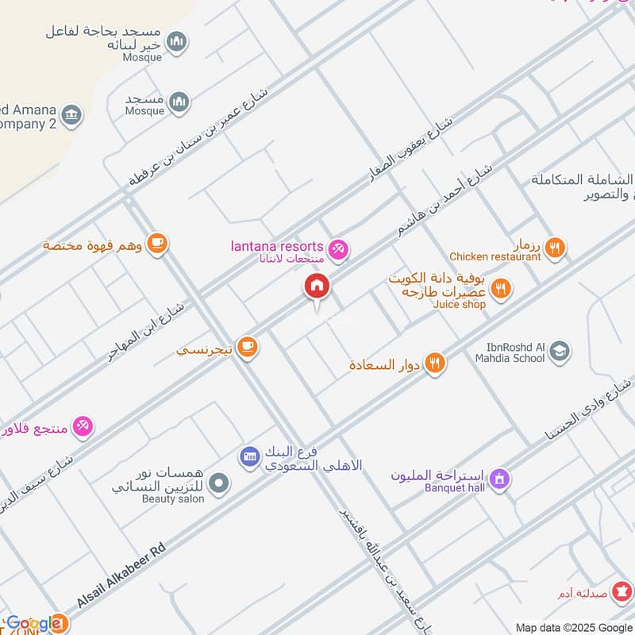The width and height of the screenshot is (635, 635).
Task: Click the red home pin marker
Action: click(317, 287)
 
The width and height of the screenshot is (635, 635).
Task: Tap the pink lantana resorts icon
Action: click(338, 249)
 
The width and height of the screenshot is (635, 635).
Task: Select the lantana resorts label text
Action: click(275, 247)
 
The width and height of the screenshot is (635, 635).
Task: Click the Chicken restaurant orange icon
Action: click(556, 248)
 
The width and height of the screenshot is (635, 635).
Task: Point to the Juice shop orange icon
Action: click(500, 288)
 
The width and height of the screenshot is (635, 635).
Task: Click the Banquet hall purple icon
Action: click(499, 479)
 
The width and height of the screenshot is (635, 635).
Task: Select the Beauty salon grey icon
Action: click(220, 483)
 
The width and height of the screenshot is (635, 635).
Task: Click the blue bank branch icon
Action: click(250, 456)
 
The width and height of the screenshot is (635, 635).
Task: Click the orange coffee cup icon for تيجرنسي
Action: click(248, 347)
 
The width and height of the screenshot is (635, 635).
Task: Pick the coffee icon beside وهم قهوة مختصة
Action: click(157, 244)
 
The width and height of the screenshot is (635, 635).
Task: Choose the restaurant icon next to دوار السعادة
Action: click(434, 364)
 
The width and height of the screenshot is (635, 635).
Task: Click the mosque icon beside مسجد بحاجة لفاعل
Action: click(177, 40)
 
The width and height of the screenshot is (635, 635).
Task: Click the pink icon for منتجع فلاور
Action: click(83, 427)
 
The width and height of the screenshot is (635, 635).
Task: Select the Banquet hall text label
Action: click(454, 488)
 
